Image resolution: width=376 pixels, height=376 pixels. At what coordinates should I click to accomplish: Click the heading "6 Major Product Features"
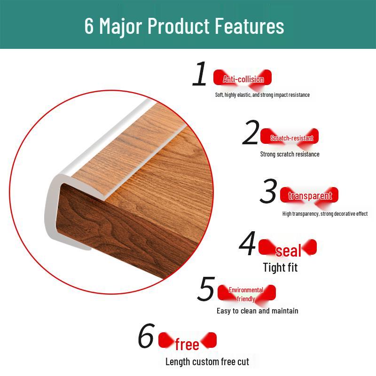pos(184,26)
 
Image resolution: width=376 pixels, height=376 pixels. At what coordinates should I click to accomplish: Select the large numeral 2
pos(251,133)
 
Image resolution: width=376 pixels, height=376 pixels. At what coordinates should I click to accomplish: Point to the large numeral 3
pos(269,191)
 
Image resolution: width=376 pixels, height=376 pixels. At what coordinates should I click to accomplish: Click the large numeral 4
pos(247,244)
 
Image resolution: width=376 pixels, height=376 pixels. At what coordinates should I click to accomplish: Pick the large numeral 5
pos(206,289)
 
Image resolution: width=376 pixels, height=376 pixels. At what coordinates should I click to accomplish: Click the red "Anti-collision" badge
pos(243,79)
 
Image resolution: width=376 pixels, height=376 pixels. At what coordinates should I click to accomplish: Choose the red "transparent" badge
pos(310,196)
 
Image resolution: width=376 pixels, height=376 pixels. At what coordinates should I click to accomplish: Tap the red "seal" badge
pos(288,250)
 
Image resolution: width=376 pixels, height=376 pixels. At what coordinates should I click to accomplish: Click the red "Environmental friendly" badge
pos(246,294)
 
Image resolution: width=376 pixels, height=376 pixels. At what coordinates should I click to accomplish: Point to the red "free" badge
pos(187,343)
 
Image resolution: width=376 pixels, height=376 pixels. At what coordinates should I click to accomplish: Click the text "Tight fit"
pos(280,267)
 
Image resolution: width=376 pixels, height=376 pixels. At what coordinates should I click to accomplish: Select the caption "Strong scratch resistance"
pos(290,154)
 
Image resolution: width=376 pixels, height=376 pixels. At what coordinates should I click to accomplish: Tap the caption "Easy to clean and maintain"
pos(257,311)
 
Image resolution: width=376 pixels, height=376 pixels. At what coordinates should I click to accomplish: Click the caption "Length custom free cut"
pos(207,361)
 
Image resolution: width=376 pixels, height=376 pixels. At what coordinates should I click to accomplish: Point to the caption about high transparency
pos(325,214)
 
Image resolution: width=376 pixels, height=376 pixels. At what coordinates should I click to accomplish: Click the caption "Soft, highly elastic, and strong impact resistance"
pos(262,95)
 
